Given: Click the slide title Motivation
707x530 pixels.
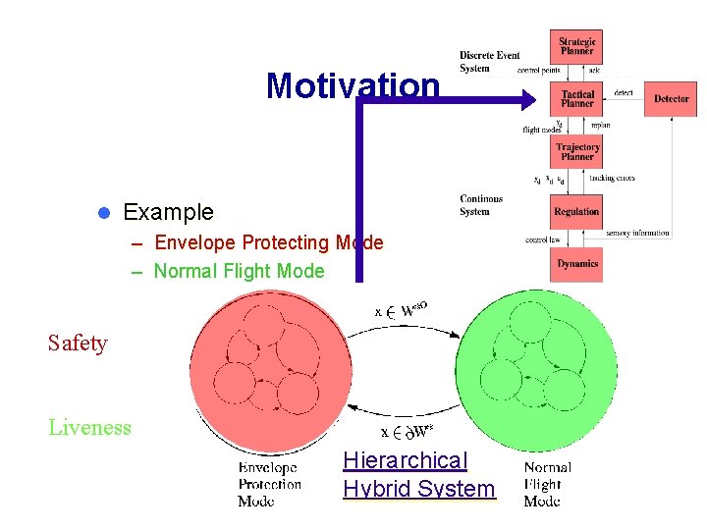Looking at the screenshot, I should coord(353,86).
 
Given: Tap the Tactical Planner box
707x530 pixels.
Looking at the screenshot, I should coord(576,98).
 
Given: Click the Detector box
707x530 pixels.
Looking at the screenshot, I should coord(671,98).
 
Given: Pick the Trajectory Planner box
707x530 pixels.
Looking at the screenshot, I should coord(576,151).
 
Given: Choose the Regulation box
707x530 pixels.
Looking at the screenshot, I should coord(576,211).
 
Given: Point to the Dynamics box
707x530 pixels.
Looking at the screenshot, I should coord(576,263).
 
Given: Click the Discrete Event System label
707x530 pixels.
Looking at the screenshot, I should coord(489,61).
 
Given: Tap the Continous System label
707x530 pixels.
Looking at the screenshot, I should coord(481,205).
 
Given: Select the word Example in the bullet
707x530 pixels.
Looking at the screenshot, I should coord(168,212).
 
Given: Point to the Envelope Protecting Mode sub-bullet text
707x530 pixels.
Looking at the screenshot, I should coord(268,242).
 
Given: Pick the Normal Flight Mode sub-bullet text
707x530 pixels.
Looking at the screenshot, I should coord(239,271).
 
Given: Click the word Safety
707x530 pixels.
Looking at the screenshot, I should coord(78,344).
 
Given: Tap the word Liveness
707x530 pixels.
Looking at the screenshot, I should coord(89,427).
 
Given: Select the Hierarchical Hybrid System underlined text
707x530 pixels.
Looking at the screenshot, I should coord(419,475).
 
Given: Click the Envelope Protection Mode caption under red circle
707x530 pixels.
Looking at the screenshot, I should coord(269,485).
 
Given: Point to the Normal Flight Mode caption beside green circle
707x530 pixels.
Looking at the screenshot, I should coord(547,485).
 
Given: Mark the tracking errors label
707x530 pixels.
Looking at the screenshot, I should coord(612,179).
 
